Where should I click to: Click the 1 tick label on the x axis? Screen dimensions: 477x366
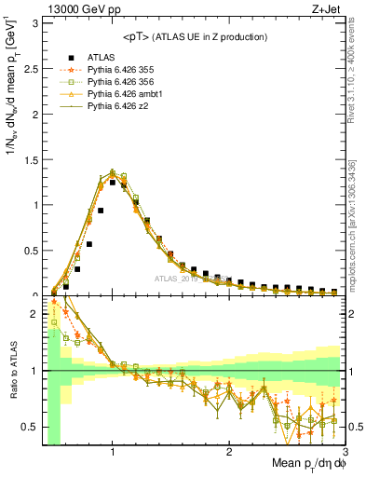coord(113,452)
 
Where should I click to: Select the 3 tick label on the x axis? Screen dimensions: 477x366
coord(344,452)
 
